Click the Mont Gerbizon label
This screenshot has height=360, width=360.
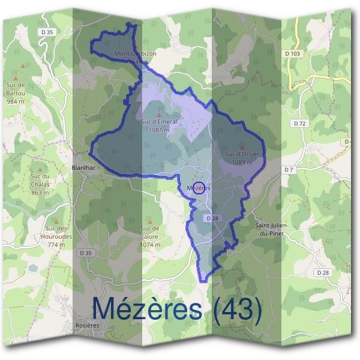click(135, 53)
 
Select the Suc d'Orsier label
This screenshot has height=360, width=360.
click(242, 154)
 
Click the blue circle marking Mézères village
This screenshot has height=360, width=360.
click(200, 188)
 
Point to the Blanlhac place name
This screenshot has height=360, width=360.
click(83, 168)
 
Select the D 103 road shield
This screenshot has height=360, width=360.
click(292, 53)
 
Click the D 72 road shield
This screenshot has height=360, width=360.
click(300, 123)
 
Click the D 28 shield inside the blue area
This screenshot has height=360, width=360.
click(211, 218)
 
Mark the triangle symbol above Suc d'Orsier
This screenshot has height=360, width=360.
click(242, 146)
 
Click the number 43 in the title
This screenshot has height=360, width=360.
click(242, 308)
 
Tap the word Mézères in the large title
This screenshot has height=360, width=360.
click(146, 308)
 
